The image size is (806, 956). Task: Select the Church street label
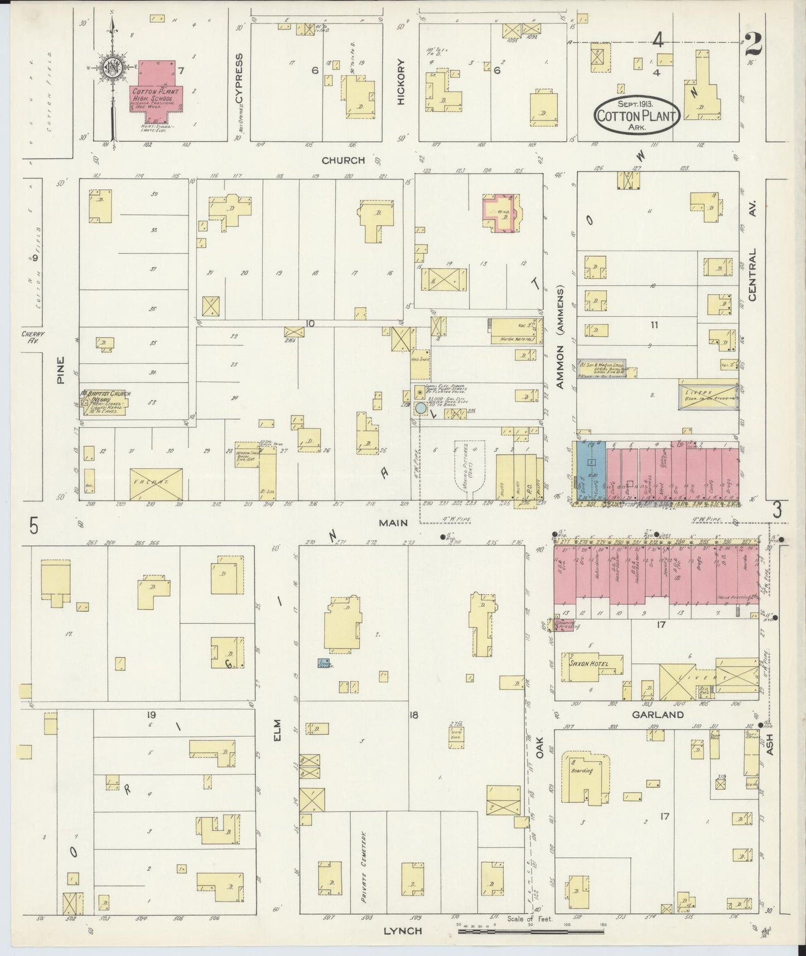click(x=343, y=161)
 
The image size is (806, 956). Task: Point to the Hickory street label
click(x=400, y=82)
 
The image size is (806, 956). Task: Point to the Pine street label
click(x=61, y=369)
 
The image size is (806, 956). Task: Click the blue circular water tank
click(x=420, y=409)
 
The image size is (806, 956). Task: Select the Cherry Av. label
click(x=33, y=337)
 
